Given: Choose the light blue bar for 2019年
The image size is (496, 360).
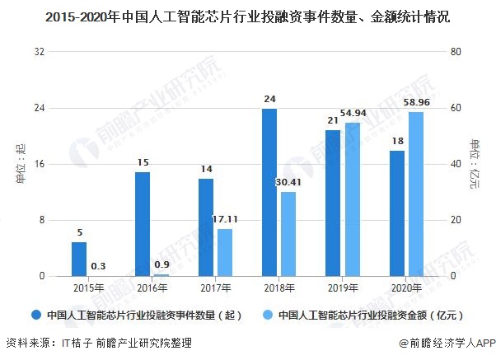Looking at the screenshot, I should tap(353, 199).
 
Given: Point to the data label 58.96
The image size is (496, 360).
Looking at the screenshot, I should tap(420, 104).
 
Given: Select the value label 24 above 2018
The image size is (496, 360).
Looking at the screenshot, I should tap(269, 100).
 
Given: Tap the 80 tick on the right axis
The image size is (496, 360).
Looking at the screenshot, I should tap(452, 52).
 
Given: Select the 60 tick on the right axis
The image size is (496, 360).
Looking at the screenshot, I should tap(452, 108).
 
